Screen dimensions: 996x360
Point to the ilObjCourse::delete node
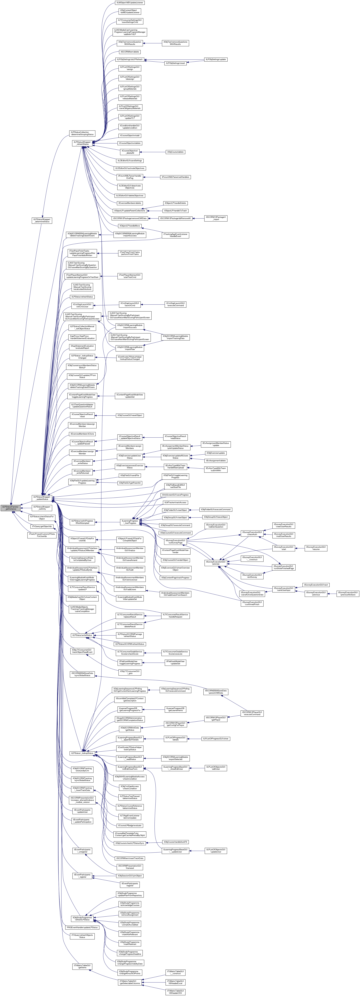(x=175, y=152)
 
